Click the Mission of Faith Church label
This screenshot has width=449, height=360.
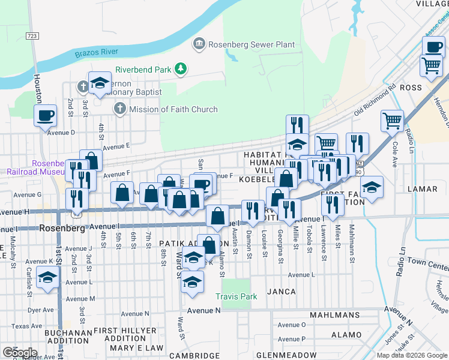click(173, 109)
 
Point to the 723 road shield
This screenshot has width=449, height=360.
click(32, 37)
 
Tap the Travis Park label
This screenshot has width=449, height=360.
click(237, 296)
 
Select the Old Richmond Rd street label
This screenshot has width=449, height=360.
click(375, 100)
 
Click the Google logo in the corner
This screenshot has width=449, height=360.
click(19, 353)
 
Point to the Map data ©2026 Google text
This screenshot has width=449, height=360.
click(412, 355)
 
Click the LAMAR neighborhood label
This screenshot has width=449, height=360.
click(422, 189)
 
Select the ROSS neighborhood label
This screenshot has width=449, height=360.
click(411, 88)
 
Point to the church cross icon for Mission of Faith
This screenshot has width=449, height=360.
click(119, 109)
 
